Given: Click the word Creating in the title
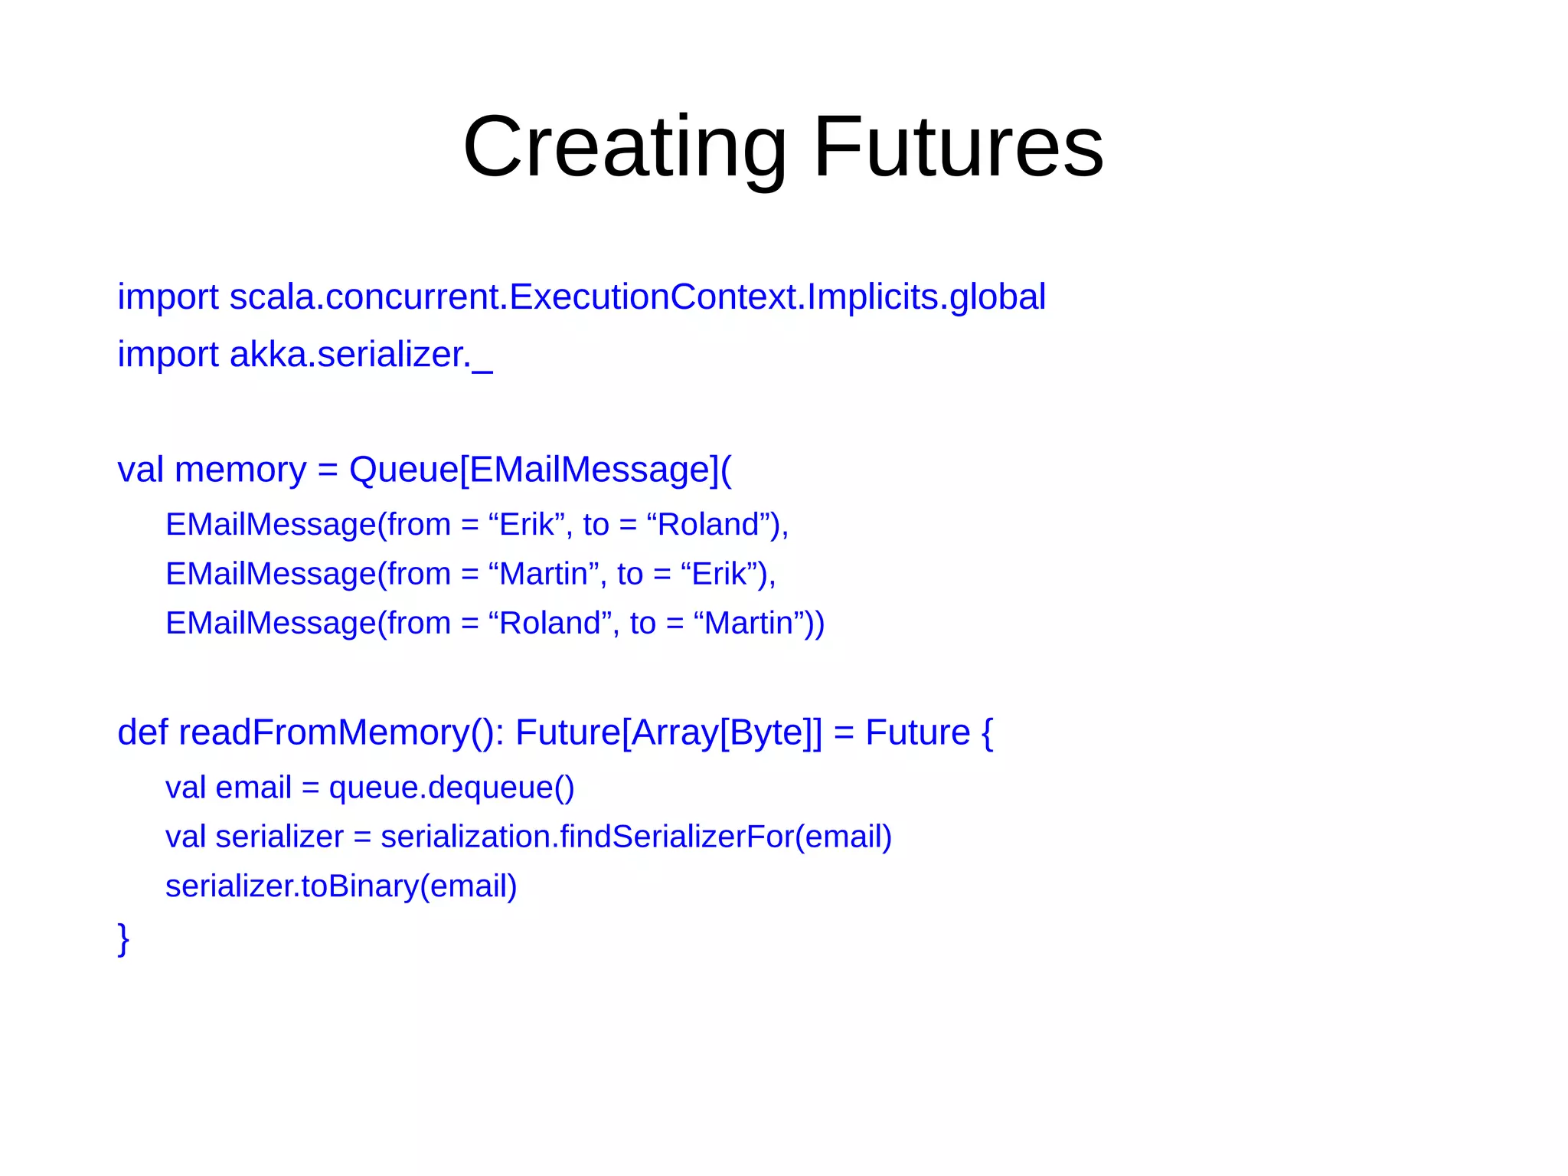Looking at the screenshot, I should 624,147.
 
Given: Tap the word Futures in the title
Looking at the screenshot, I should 958,147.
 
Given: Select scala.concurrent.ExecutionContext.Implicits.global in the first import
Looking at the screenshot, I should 637,297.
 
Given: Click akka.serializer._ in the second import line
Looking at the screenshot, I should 361,355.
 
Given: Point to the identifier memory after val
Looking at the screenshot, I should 240,470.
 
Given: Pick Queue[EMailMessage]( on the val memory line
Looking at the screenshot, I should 540,470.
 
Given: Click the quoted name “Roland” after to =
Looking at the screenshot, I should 708,525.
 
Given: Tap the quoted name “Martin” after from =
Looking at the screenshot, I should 543,574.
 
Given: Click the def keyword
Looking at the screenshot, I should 142,732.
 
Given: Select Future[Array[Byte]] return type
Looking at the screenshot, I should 668,732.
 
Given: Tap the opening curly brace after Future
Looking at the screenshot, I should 986,732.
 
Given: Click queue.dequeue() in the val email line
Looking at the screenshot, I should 451,788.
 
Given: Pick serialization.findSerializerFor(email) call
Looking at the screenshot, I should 636,837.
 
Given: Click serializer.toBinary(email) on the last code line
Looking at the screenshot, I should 341,886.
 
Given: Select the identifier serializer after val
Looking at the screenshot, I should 279,837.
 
